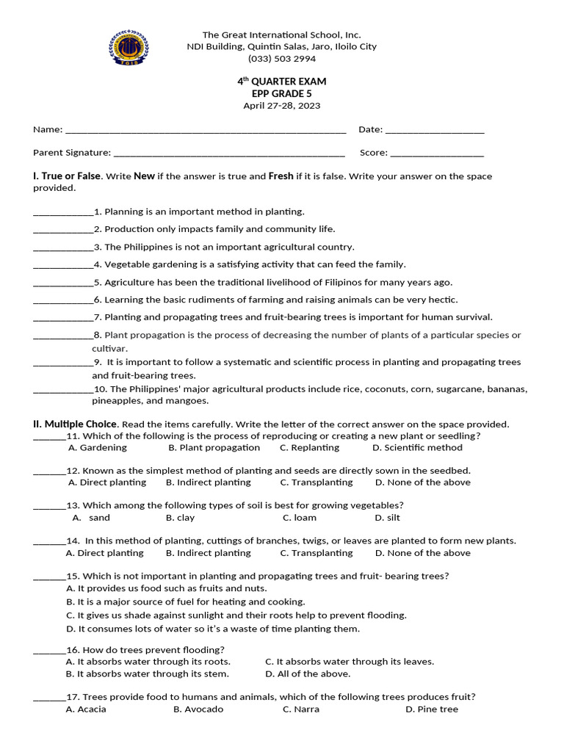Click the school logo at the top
pyautogui.click(x=129, y=47)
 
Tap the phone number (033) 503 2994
pyautogui.click(x=282, y=59)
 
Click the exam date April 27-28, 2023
pyautogui.click(x=282, y=106)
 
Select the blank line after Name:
pyautogui.click(x=206, y=131)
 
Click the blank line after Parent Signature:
pyautogui.click(x=229, y=154)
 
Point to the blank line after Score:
pyautogui.click(x=437, y=154)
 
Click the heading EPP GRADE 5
pyautogui.click(x=282, y=93)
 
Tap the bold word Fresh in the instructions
pyautogui.click(x=281, y=176)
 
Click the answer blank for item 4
pyautogui.click(x=63, y=266)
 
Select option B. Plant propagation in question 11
pyautogui.click(x=214, y=447)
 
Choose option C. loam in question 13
pyautogui.click(x=300, y=518)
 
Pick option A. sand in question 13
pyautogui.click(x=91, y=518)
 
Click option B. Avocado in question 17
pyautogui.click(x=198, y=709)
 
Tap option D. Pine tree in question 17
pyautogui.click(x=431, y=709)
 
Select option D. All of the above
pyautogui.click(x=308, y=674)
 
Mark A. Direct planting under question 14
pyautogui.click(x=105, y=553)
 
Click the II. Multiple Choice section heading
pyautogui.click(x=75, y=424)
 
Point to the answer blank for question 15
pyautogui.click(x=49, y=577)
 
